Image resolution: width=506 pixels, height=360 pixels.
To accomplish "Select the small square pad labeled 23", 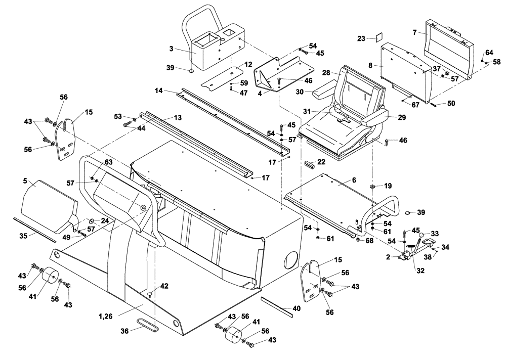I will tap(376, 37).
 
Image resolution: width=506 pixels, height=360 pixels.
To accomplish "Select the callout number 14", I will tap(159, 91).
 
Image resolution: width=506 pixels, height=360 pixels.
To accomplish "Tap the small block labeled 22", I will tap(309, 164).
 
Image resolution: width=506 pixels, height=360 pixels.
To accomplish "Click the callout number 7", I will tap(414, 32).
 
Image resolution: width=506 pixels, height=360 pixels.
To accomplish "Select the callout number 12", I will tap(248, 64).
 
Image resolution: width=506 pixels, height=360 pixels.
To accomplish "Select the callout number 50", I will tap(451, 104).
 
